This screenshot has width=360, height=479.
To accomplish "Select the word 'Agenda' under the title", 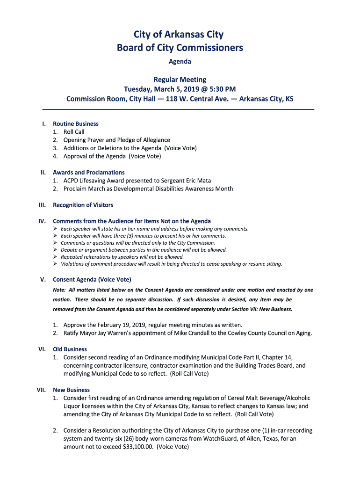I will point(180,61).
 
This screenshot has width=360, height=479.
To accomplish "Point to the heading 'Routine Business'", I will point(76,124).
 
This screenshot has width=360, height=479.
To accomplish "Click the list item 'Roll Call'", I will point(74,132).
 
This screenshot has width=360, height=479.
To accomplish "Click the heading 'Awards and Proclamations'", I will point(89,173).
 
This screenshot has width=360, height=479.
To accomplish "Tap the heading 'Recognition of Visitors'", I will point(83,205).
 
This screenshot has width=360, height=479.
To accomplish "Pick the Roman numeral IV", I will point(42,221).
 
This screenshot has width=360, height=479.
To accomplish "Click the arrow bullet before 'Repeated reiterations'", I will point(55,257).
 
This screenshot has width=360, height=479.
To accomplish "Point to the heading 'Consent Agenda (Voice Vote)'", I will point(92,280).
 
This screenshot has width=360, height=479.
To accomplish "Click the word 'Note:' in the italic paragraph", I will point(59,290).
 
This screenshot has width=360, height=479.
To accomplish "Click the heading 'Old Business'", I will point(70,349).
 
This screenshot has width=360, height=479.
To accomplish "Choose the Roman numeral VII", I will point(41,390).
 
